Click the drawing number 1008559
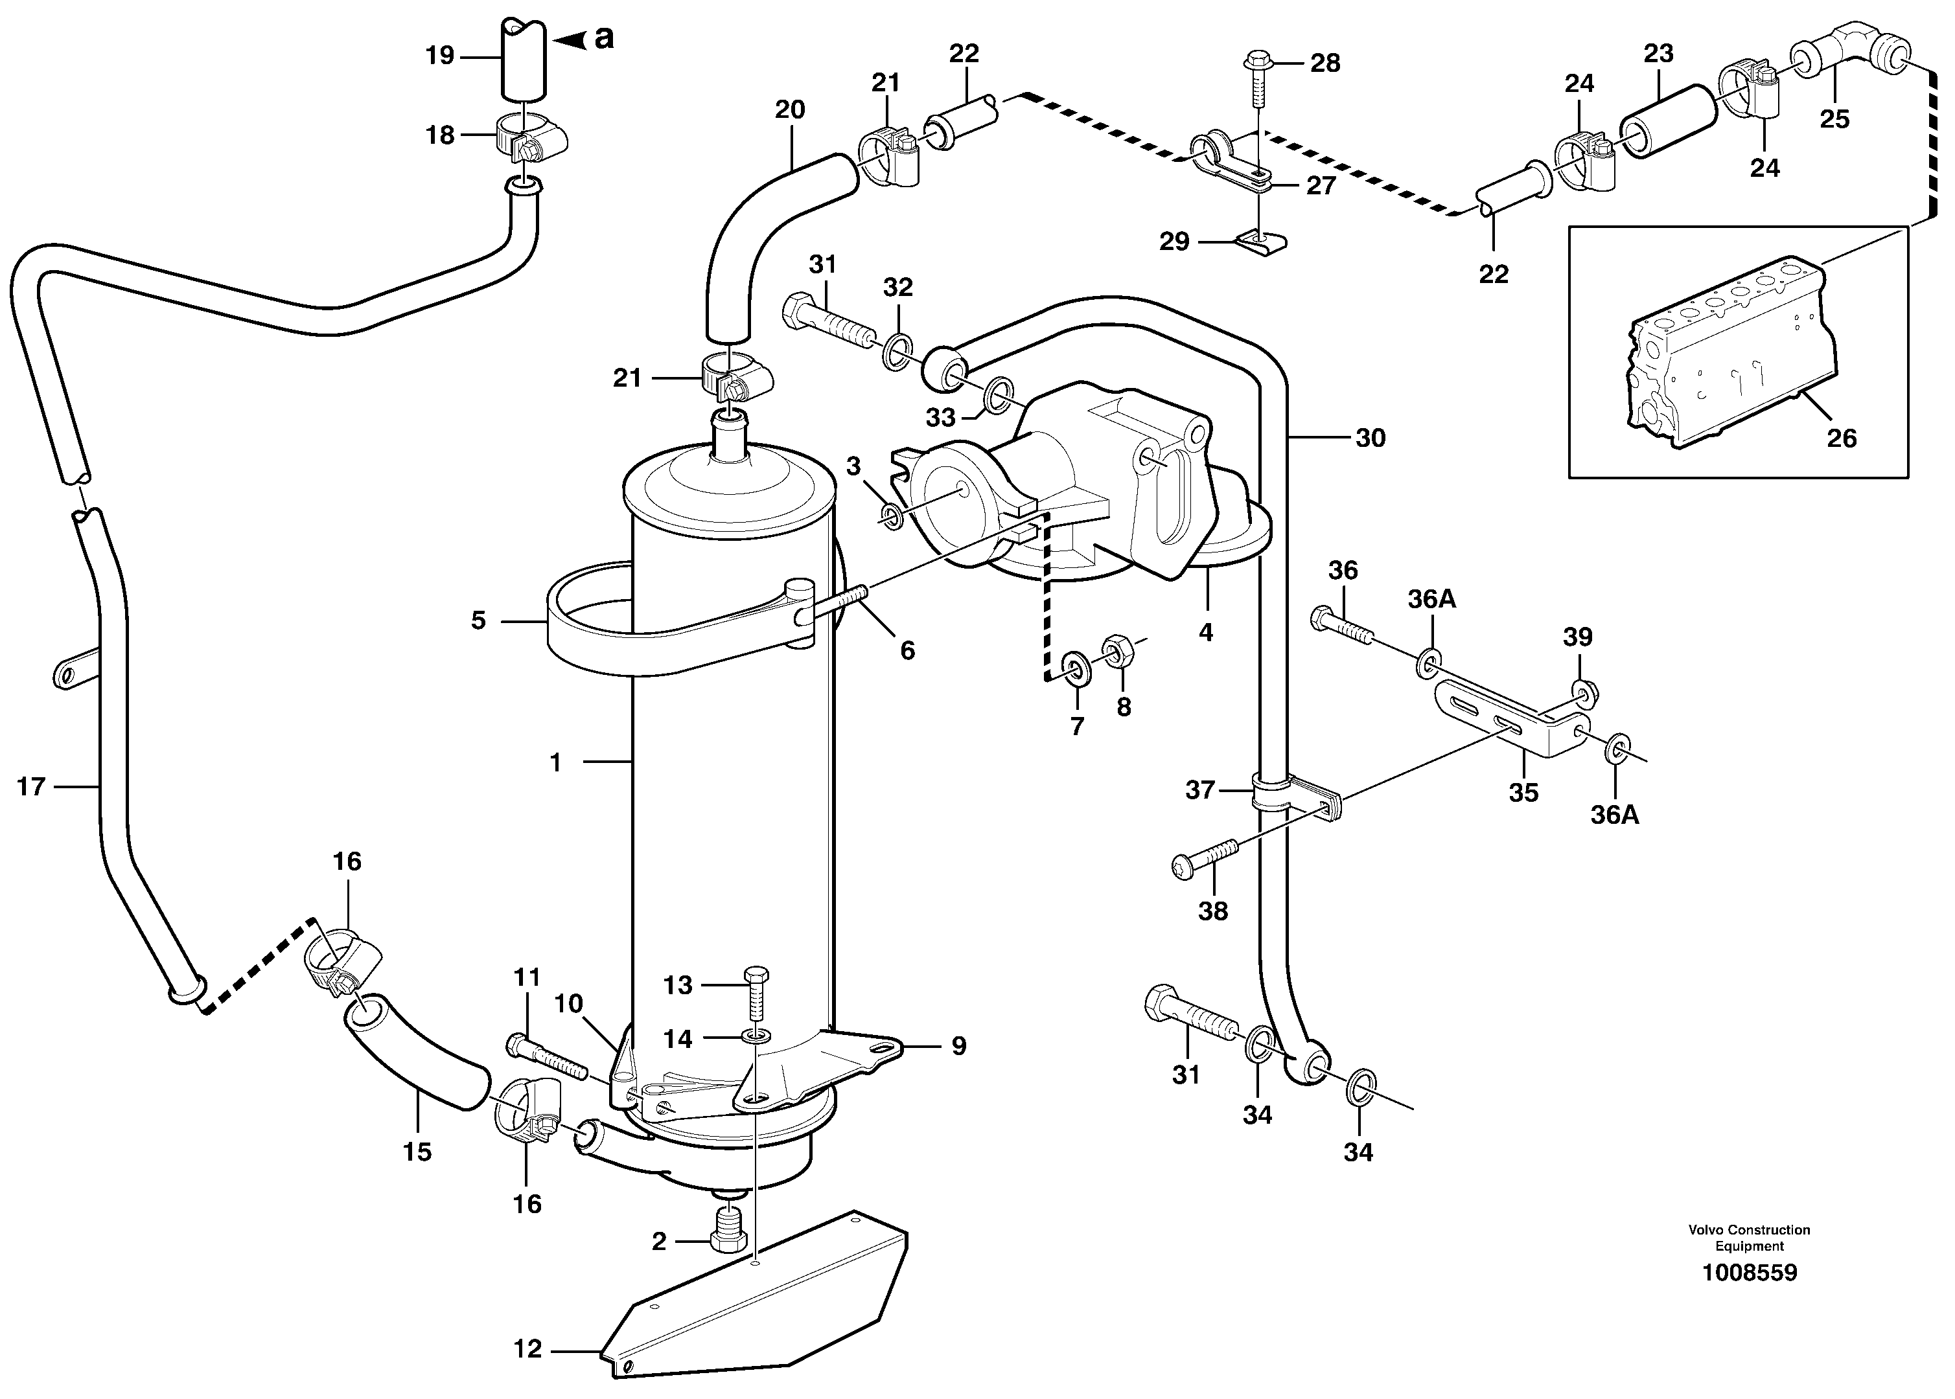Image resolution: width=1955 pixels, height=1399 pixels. [1749, 1272]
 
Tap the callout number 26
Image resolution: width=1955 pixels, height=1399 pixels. [1841, 438]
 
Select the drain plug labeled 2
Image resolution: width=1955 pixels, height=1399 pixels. [728, 1233]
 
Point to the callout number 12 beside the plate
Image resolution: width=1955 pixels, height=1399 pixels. [527, 1349]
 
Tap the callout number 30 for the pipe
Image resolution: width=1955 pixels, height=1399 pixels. [1370, 438]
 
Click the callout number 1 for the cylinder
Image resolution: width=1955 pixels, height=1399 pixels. [556, 762]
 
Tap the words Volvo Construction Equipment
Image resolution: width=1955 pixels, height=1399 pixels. [1749, 1237]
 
